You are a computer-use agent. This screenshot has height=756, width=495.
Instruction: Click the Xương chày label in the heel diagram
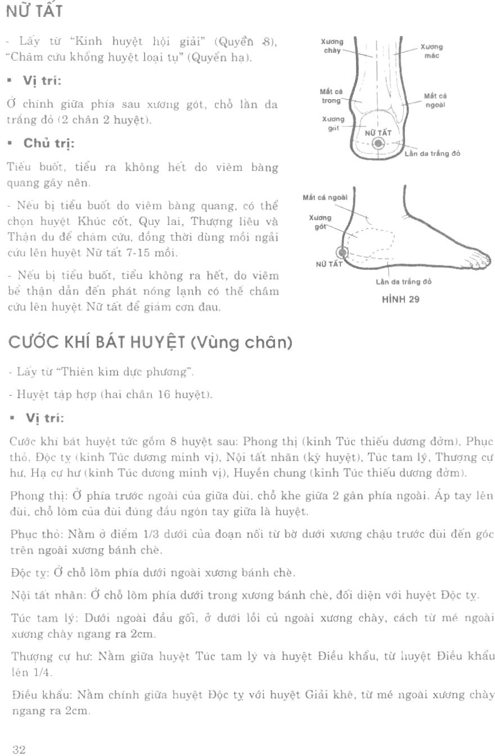pos(332,45)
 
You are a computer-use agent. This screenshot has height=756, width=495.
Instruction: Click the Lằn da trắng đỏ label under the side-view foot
pos(403,282)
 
